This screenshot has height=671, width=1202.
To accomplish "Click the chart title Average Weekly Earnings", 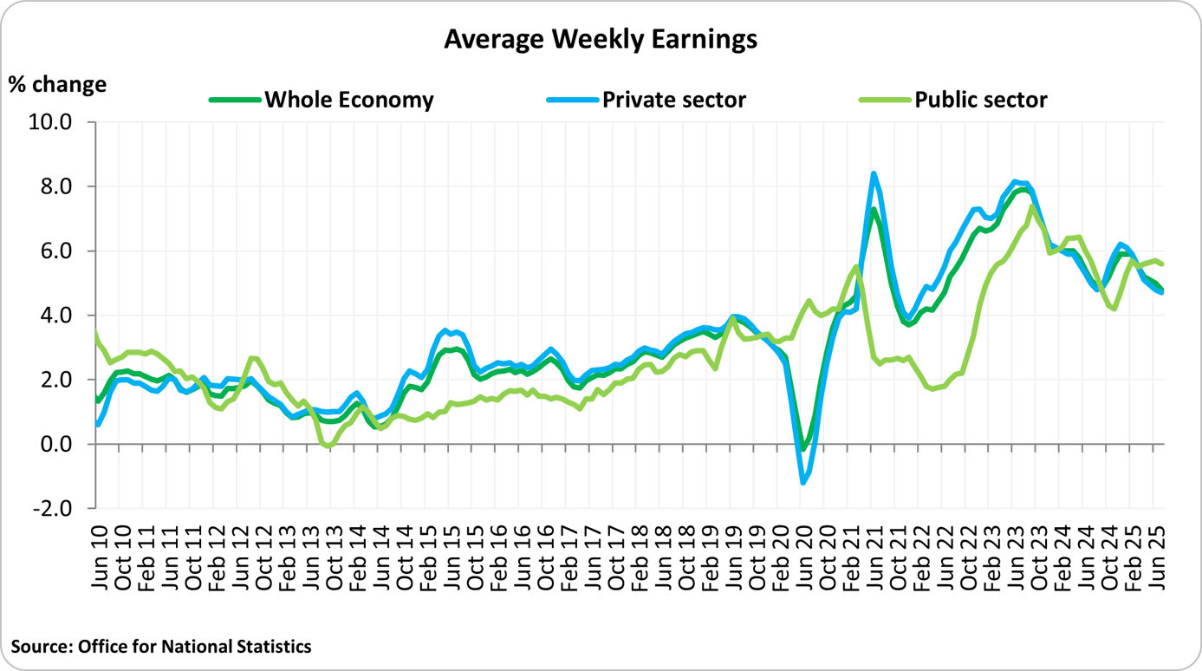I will click(601, 39).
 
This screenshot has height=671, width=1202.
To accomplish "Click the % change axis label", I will click(57, 84).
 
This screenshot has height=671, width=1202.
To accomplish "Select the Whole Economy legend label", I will click(348, 100).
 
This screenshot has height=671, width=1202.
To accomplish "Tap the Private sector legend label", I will click(673, 100).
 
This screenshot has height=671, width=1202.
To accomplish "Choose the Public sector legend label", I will click(980, 100).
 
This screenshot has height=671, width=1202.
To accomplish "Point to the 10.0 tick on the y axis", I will click(54, 122).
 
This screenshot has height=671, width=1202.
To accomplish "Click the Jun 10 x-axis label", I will click(100, 556).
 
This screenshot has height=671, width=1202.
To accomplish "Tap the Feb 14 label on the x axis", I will click(358, 556).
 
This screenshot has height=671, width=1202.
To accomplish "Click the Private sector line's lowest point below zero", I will click(804, 482).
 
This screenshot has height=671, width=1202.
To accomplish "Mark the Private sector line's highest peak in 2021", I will click(874, 173).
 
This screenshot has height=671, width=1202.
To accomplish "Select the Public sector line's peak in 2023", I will click(1031, 206).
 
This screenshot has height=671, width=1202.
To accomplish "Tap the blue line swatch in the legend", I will click(572, 100).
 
